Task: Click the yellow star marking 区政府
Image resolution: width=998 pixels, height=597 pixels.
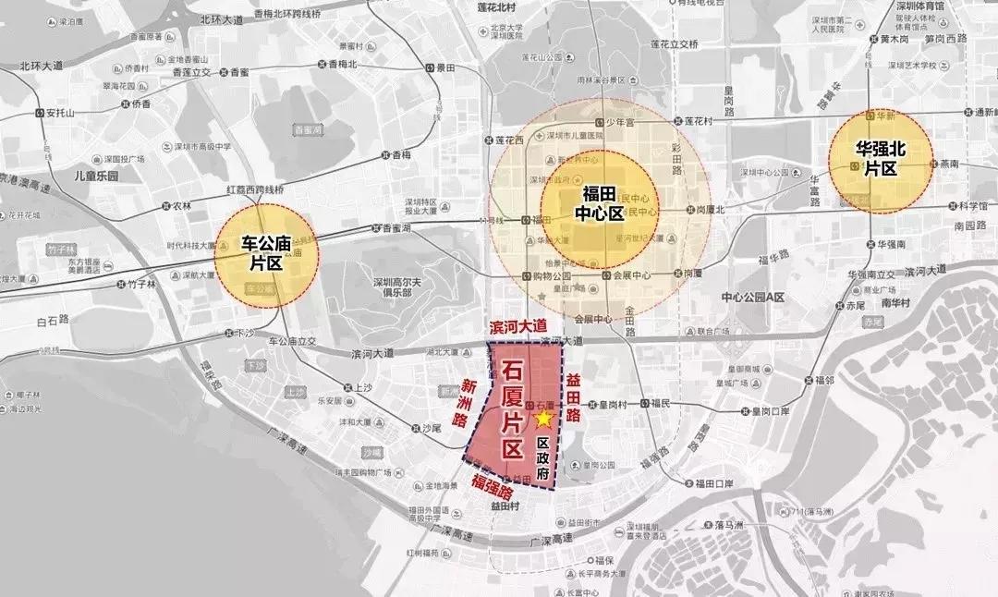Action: (544, 420)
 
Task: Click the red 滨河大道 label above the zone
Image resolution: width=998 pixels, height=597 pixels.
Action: (517, 327)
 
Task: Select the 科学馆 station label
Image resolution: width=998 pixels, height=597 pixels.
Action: (971, 206)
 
